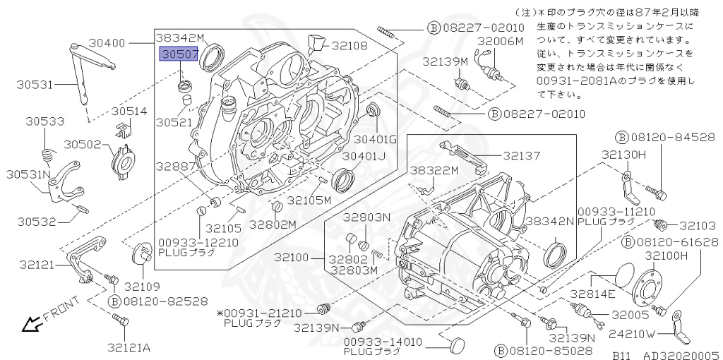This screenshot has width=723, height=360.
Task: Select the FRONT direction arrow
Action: pos(30,324)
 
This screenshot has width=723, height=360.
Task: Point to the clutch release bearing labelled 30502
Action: pos(124,156)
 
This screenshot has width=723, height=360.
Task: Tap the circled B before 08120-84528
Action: pos(622,136)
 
